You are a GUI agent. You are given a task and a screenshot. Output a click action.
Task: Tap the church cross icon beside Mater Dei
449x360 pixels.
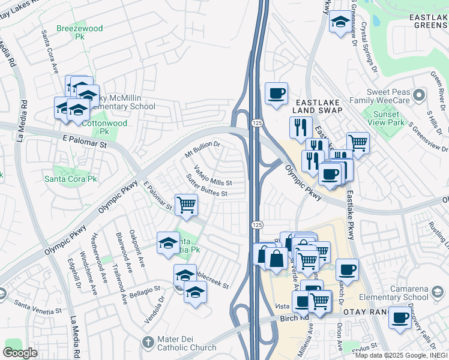(148, 343)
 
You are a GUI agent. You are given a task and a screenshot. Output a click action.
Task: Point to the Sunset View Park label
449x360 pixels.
(386, 119)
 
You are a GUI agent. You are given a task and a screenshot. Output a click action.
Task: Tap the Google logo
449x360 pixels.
(20, 352)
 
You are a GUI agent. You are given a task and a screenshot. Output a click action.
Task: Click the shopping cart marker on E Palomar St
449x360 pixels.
(186, 204)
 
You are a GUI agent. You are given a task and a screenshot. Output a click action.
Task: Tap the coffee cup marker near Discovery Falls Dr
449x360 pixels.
(399, 318)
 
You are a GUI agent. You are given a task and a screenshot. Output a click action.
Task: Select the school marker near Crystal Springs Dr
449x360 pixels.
(340, 23)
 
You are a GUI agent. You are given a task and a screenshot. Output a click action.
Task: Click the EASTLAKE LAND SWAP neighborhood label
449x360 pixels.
(318, 106)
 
